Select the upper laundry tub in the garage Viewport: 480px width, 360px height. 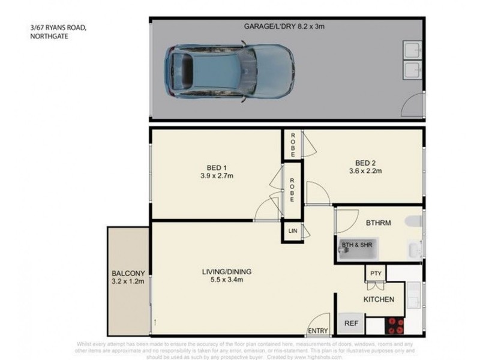tap(412, 50)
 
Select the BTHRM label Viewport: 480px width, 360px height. tap(378, 222)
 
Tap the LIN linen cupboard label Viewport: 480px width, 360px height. tap(293, 230)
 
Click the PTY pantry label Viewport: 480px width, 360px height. tap(376, 274)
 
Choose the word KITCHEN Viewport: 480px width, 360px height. tap(379, 299)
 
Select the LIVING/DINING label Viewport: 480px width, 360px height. tap(226, 272)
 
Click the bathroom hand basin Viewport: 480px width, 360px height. tap(414, 248)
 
